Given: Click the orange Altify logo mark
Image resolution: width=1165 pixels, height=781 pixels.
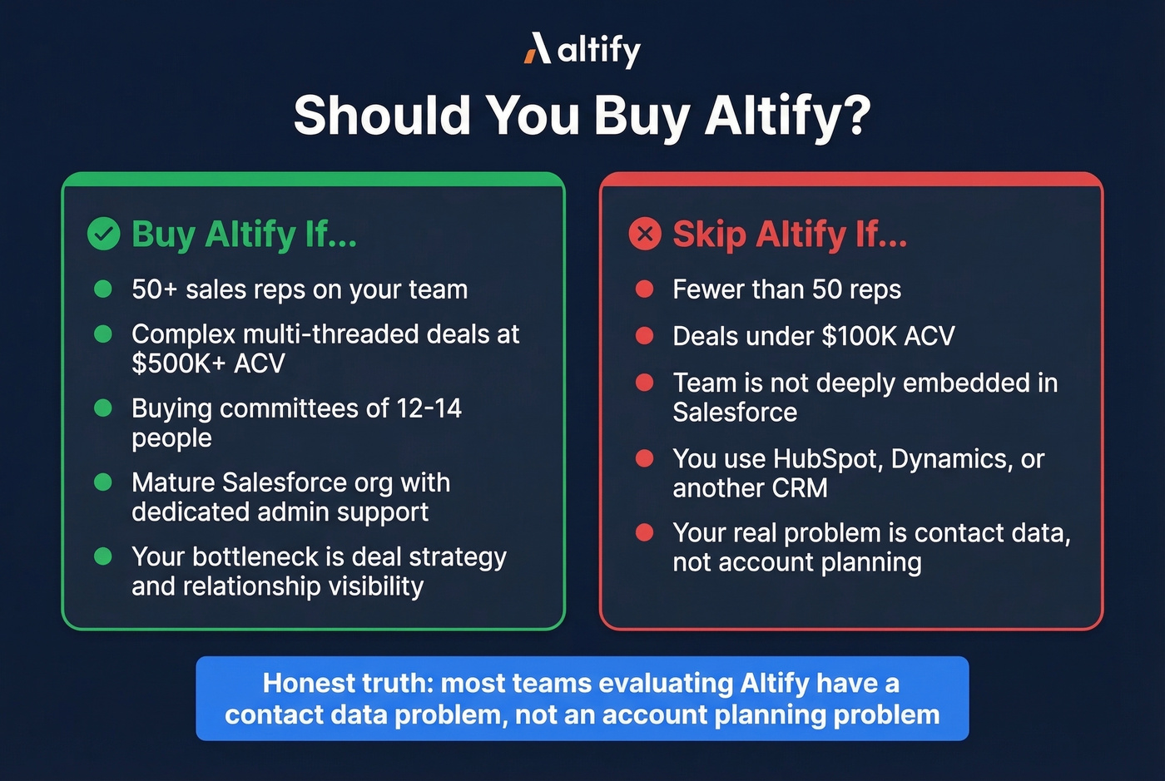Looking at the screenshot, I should pyautogui.click(x=538, y=49).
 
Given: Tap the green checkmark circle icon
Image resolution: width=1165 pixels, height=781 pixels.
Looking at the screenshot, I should pyautogui.click(x=104, y=234).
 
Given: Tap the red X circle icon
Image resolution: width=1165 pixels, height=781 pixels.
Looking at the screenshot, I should pyautogui.click(x=645, y=234).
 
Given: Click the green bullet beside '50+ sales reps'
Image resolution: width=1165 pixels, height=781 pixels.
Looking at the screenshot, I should pyautogui.click(x=103, y=289).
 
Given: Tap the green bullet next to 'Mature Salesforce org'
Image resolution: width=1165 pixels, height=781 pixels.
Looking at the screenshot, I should pyautogui.click(x=103, y=482).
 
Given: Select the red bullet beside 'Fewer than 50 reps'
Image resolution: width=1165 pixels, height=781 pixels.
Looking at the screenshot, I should pyautogui.click(x=644, y=289).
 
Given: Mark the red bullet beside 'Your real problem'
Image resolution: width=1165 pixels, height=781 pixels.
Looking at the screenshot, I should pyautogui.click(x=644, y=532).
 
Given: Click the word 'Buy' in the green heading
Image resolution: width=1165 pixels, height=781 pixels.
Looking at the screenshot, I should pyautogui.click(x=162, y=234).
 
